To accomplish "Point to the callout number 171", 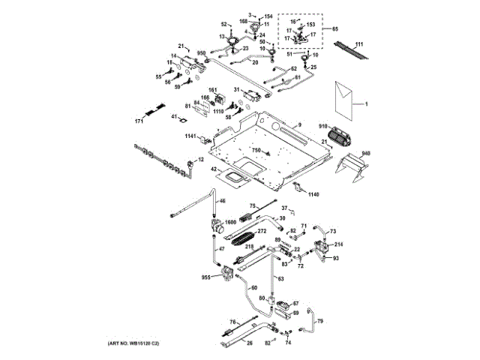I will (139, 121).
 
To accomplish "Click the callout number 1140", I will (313, 194).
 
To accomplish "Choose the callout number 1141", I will (190, 136).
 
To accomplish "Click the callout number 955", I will (205, 277).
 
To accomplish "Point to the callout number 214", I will (338, 244).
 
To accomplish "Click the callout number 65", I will (335, 28).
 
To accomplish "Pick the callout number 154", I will (268, 16).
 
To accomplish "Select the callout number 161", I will (212, 91).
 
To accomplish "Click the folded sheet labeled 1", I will (345, 100).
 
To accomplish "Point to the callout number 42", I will (213, 170).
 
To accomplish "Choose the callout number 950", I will (201, 53).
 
